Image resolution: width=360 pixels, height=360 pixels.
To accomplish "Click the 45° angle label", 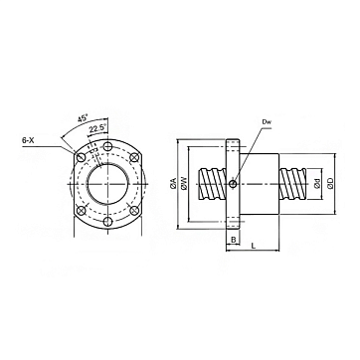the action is pos(84,118).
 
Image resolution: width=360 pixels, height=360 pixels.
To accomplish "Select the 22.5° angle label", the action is pos(97,127).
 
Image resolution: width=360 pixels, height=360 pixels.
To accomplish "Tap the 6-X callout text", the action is pos(28,140).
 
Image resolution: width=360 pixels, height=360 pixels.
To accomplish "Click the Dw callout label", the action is pos(267,121).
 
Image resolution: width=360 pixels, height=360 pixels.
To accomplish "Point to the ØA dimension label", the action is pos(173,184).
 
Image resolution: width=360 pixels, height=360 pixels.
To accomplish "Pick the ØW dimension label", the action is pos(185,184).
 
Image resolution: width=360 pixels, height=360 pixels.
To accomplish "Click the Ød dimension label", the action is pos(317,183).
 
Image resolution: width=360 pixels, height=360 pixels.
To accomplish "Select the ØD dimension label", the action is pos(330,183).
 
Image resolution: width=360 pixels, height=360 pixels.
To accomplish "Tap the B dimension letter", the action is pos(233,240).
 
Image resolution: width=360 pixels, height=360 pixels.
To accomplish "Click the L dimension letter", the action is pos(254,246).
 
